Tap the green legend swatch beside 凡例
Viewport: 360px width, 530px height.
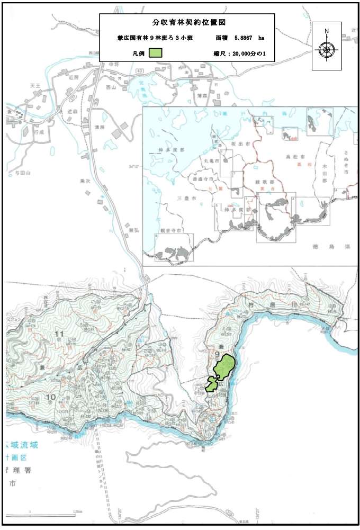pos(155,53)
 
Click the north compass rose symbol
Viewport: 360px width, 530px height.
pos(327,50)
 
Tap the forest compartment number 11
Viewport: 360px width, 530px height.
pos(59,334)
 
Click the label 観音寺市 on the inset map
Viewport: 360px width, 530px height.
pos(170,231)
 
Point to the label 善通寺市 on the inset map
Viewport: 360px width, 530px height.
pos(210,179)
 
